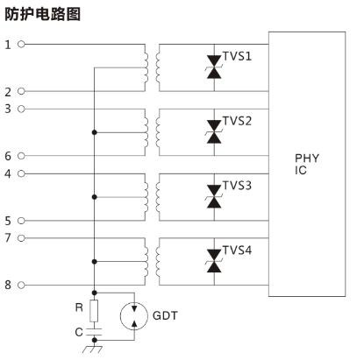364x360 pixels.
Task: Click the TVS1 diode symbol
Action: [x=214, y=67]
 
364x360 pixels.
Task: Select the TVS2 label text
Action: [x=237, y=121]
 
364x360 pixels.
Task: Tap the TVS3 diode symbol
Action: [x=214, y=196]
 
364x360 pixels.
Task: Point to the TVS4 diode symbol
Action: [x=214, y=261]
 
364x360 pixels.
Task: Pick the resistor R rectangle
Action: [x=94, y=311]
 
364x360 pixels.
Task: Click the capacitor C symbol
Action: [x=94, y=332]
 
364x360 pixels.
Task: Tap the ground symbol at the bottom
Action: [x=93, y=349]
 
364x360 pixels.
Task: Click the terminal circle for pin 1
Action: [x=21, y=44]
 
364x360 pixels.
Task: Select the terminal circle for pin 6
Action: [x=21, y=156]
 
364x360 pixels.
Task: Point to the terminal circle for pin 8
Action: [x=21, y=285]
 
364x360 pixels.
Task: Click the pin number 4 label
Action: [x=8, y=174]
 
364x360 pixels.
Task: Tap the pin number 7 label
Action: [x=8, y=238]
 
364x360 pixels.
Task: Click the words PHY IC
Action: [x=306, y=164]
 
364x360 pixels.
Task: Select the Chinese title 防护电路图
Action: [x=42, y=14]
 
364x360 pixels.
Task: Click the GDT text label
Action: [x=165, y=315]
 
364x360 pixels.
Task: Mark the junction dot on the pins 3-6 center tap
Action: [x=94, y=132]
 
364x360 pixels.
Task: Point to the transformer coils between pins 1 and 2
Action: [x=152, y=67]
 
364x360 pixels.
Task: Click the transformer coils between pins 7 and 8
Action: [x=152, y=262]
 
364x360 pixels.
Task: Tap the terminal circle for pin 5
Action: [x=21, y=221]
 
